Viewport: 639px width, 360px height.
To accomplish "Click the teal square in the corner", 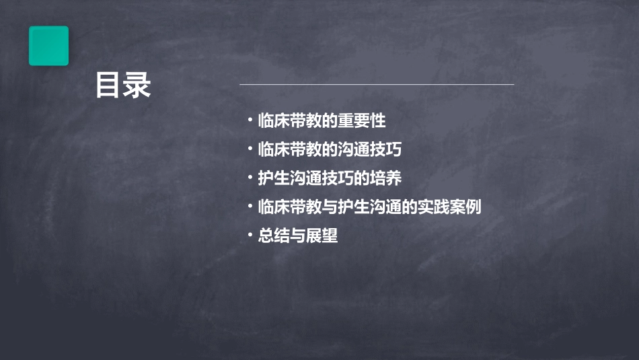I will [48, 46].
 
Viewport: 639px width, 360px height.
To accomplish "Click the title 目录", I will [123, 85].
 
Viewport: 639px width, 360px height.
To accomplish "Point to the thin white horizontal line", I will [377, 84].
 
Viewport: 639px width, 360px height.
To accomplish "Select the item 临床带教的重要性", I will [322, 121].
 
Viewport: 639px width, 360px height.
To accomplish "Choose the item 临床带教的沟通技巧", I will [330, 149].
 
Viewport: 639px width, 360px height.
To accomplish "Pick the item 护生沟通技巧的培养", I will [330, 178].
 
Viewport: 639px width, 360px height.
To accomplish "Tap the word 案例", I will [465, 207].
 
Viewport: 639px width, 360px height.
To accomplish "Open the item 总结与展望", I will [297, 236].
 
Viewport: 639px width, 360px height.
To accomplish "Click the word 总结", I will [274, 236].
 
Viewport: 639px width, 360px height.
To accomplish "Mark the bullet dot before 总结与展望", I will [250, 236].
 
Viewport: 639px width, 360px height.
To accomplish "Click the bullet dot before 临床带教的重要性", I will [250, 121].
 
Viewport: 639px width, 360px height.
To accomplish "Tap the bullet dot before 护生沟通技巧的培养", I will [250, 178].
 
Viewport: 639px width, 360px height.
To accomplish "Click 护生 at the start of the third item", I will [274, 178].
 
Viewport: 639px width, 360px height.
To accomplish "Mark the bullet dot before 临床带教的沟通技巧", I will [250, 149].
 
